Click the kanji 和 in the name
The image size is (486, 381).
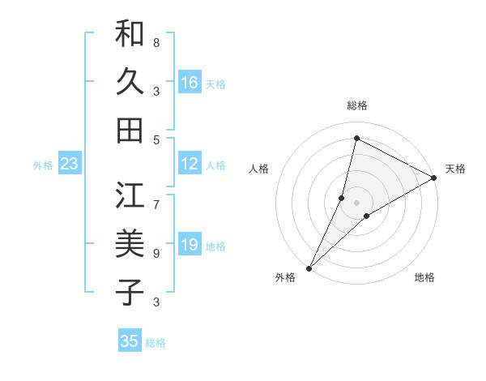[130, 35]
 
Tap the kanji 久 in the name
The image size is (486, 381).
[130, 82]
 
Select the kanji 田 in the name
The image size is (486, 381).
[130, 130]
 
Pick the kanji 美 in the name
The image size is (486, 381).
[130, 244]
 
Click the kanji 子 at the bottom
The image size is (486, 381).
[130, 292]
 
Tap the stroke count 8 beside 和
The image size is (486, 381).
[156, 42]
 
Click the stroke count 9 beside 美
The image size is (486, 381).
[156, 253]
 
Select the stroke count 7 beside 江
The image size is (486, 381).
[156, 195]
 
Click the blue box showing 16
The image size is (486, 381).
[189, 82]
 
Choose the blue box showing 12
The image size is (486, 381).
[189, 164]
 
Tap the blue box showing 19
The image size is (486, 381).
[189, 245]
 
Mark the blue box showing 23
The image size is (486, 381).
[69, 164]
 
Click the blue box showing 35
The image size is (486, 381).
[129, 341]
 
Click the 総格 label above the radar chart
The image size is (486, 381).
[357, 105]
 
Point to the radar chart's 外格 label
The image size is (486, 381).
[285, 277]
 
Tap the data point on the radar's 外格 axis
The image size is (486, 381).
[309, 268]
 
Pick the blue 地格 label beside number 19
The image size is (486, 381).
[216, 246]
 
